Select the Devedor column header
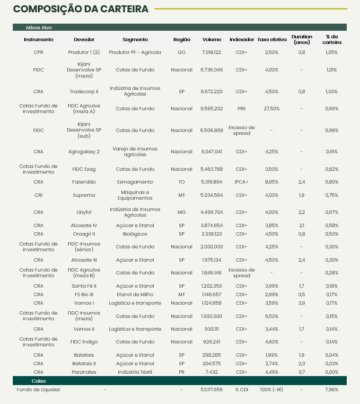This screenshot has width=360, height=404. [x=84, y=40]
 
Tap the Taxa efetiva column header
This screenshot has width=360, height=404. [x=272, y=40]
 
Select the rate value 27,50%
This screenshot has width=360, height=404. [x=272, y=109]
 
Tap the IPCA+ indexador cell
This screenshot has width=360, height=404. [x=241, y=182]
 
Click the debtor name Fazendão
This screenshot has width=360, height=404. [x=84, y=182]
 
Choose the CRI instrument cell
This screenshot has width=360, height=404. [x=38, y=195]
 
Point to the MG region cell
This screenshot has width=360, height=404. [x=182, y=212]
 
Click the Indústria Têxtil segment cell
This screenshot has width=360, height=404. [x=135, y=372]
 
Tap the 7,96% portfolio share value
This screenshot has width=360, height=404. [x=332, y=390]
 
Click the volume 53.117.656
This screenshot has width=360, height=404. [x=211, y=390]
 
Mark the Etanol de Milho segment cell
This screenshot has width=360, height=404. [x=135, y=294]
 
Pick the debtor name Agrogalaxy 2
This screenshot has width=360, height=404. [x=84, y=152]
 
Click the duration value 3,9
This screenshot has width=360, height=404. [x=302, y=303]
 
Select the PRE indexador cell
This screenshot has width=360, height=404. [x=241, y=109]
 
